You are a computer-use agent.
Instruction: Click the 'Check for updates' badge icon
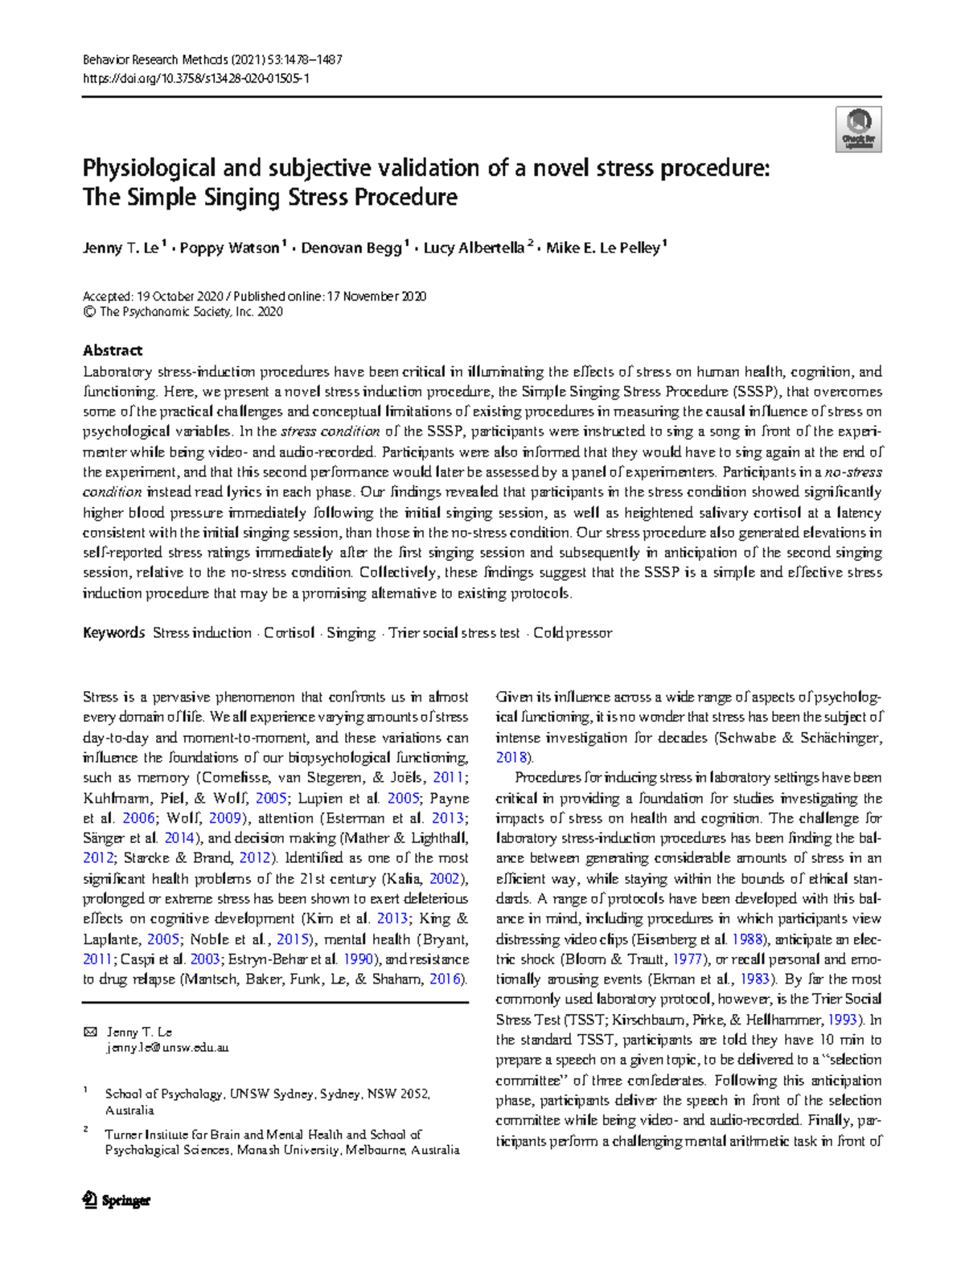click(x=859, y=129)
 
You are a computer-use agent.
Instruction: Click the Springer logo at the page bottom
click(x=117, y=1200)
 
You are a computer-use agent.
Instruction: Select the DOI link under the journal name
click(x=196, y=79)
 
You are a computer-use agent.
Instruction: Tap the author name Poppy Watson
click(x=229, y=248)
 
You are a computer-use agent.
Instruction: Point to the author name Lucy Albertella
click(x=474, y=248)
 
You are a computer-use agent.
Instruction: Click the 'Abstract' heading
click(x=113, y=350)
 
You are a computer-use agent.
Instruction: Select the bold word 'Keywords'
click(x=113, y=633)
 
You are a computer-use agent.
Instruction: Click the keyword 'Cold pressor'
click(x=573, y=633)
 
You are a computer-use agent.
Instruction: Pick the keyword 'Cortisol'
click(x=289, y=633)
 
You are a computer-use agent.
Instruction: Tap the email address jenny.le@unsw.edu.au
click(x=167, y=1048)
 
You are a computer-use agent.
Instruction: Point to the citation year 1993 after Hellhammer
click(x=842, y=1020)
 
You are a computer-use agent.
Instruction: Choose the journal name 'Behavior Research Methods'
click(x=155, y=59)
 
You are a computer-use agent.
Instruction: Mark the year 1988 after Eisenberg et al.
click(x=746, y=939)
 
